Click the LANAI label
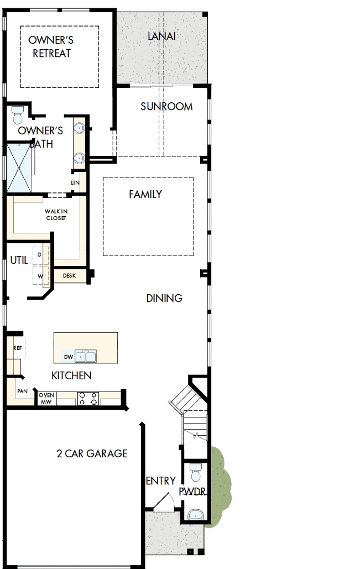point(161,36)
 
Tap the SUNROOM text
point(166,106)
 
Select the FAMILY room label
point(145,194)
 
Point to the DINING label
point(164,298)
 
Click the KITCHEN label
point(71,375)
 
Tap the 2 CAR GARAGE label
point(92,453)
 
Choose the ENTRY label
point(161,481)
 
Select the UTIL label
point(19,260)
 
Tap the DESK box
point(69,275)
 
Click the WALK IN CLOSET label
point(56,215)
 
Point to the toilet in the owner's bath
point(17,114)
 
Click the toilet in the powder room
point(195,472)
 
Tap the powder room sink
point(196,515)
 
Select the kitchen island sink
point(86,356)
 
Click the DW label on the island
point(69,357)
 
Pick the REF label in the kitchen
point(17,348)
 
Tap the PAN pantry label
point(22,391)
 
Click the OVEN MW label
point(46,398)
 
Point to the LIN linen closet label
point(75,182)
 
